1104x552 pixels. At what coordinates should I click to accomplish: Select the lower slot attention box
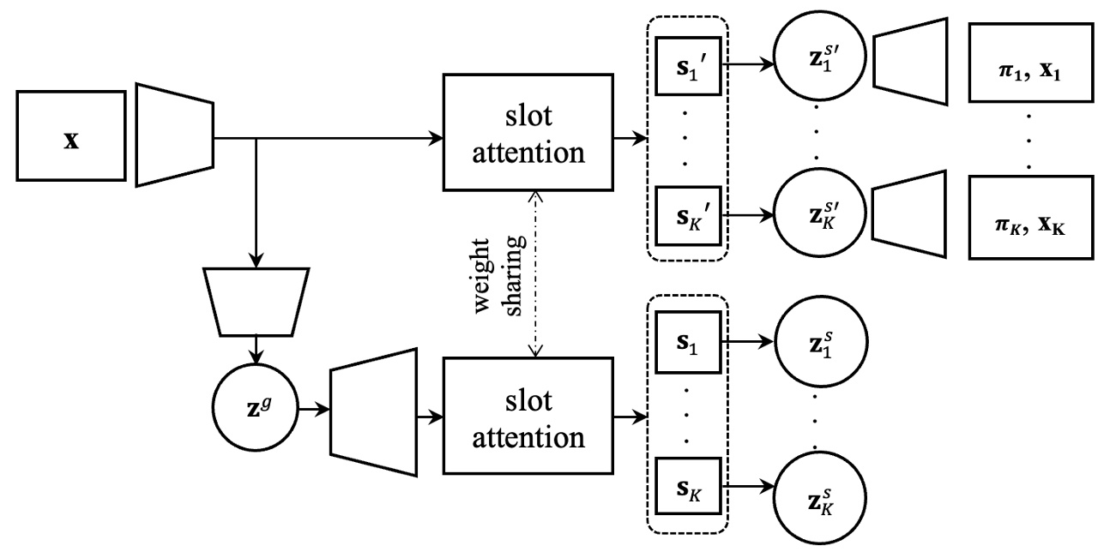click(527, 417)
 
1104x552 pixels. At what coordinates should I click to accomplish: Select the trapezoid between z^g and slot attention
click(372, 414)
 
